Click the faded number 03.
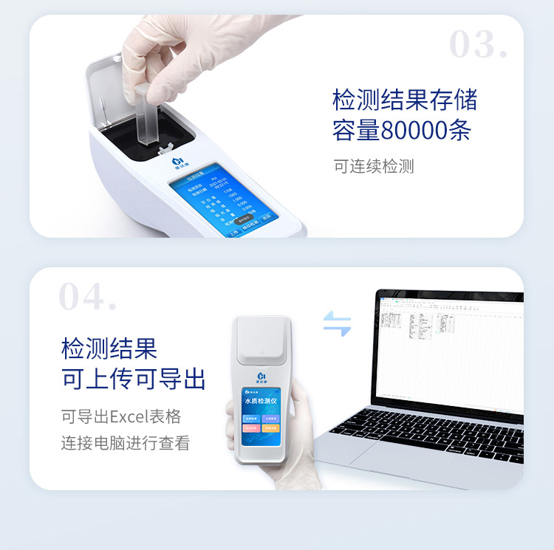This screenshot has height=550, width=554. click(478, 46)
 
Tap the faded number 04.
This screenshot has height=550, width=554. click(87, 298)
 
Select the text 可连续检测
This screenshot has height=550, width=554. click(373, 166)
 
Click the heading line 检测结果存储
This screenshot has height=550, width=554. click(405, 99)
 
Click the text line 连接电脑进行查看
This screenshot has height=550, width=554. click(125, 443)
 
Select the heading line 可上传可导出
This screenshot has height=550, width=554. click(133, 379)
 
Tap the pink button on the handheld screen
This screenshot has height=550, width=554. click(250, 427)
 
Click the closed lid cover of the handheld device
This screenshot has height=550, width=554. click(261, 346)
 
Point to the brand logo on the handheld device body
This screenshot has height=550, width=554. click(260, 376)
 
